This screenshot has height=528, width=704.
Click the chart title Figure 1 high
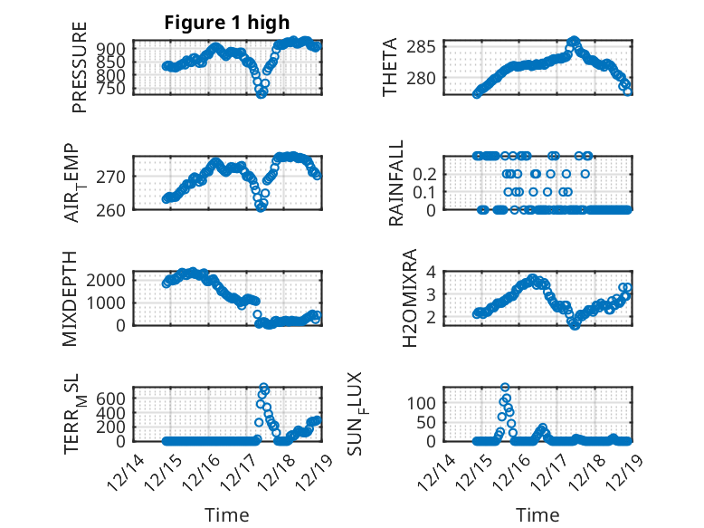point(227,24)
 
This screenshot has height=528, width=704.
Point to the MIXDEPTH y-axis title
point(71,298)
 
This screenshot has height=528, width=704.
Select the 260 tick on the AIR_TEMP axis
point(114,209)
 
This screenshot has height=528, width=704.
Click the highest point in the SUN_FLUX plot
point(505,388)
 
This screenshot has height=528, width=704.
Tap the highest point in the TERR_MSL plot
point(263,388)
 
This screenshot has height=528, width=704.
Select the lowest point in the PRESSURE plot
point(262,93)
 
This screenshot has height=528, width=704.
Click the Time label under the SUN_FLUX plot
point(538,514)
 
